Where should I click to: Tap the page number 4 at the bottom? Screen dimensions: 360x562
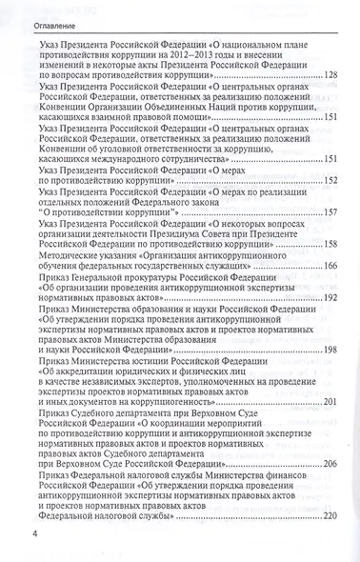pyautogui.click(x=9, y=546)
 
